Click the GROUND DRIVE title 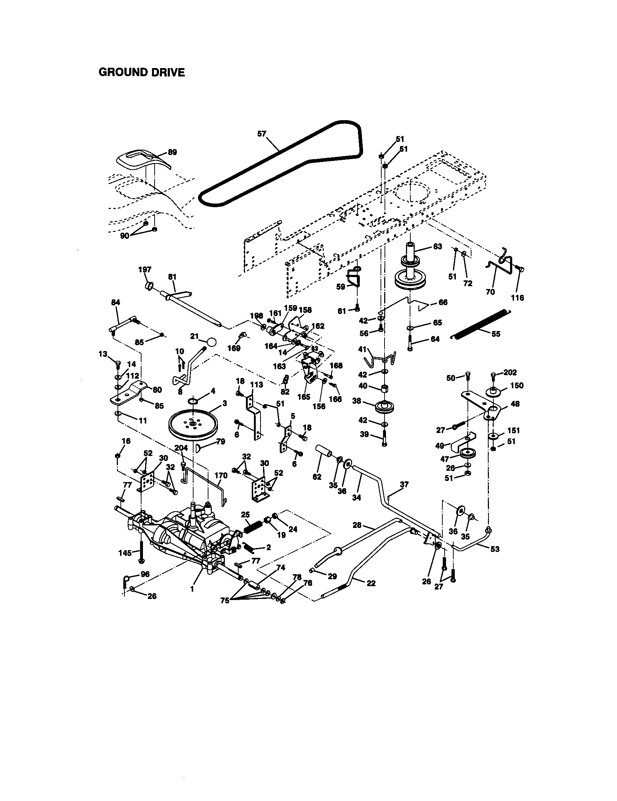point(142,72)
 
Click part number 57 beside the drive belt point(262,134)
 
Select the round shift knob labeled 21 point(211,342)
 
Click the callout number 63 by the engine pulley point(438,246)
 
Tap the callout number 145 point(125,553)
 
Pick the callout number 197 point(145,269)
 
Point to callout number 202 point(510,372)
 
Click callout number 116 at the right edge point(517,298)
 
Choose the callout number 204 point(181,448)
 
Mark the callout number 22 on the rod point(371,584)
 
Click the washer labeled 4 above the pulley point(194,400)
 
